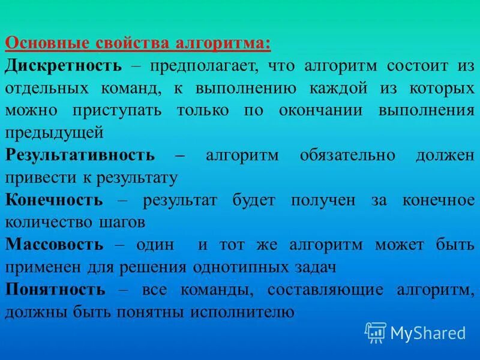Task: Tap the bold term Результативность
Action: (80, 155)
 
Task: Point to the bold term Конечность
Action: (54, 200)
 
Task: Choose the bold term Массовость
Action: (55, 244)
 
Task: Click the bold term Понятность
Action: (55, 289)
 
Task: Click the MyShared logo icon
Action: (375, 332)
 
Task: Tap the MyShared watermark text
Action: (428, 332)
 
